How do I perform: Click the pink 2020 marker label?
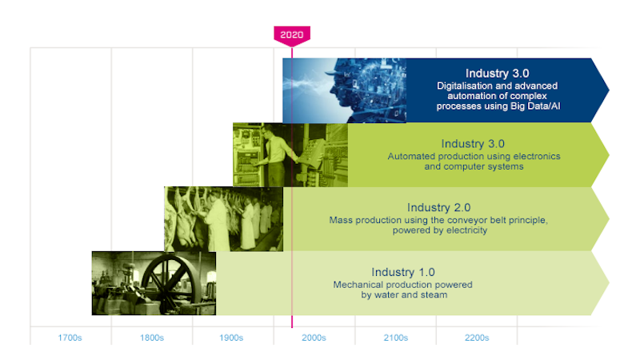292,34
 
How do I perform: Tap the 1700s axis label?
70,338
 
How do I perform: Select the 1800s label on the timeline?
152,338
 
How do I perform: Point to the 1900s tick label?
231,338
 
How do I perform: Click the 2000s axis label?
314,338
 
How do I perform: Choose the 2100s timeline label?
396,338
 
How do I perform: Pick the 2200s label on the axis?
477,338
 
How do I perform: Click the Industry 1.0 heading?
403,272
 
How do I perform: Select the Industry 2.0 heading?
438,208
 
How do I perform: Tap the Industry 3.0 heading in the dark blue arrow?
497,74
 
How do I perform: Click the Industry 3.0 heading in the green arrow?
473,144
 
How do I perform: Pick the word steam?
433,295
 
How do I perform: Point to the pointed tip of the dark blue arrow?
609,90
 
